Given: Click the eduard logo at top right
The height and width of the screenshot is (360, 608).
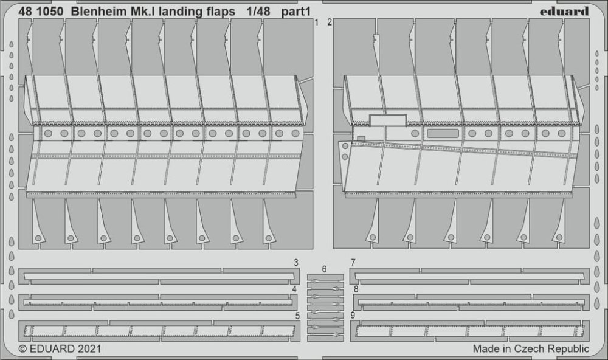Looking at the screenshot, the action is click(x=564, y=12).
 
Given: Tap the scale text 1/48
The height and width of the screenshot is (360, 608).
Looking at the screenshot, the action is click(x=258, y=12).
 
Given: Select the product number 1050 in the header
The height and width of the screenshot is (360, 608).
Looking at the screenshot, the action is click(x=50, y=12).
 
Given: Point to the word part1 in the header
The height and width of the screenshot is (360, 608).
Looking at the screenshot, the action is click(x=296, y=12).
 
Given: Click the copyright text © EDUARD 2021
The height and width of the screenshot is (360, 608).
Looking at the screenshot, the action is click(x=60, y=349).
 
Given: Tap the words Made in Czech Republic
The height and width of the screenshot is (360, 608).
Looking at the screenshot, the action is click(x=531, y=349).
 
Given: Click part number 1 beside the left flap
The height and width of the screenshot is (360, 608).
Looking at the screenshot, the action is click(x=317, y=22).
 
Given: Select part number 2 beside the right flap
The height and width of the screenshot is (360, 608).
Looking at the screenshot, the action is click(x=329, y=22).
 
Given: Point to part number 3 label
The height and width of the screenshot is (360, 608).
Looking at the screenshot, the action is click(x=296, y=263).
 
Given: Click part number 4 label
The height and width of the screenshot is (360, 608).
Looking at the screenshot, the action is click(x=295, y=289).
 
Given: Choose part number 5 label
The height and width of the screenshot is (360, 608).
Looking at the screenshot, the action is click(x=297, y=316).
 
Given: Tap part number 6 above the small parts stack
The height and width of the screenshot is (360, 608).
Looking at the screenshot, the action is click(x=324, y=269).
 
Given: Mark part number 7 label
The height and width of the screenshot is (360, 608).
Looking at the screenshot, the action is click(x=353, y=263).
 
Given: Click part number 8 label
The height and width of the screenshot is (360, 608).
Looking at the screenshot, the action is click(x=356, y=289).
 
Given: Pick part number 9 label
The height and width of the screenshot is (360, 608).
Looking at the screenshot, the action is click(x=353, y=315).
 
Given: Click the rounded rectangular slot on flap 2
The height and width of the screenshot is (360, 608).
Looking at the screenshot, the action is click(x=443, y=133).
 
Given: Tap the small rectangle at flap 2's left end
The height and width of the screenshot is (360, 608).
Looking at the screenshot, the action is click(x=361, y=139).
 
